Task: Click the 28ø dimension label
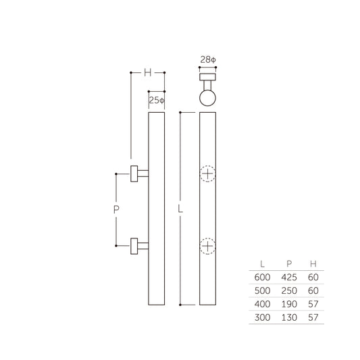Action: point(208,60)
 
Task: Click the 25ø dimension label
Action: point(156,100)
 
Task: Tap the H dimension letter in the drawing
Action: point(147,72)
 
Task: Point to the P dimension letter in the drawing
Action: point(116,210)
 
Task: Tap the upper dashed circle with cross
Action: point(208,174)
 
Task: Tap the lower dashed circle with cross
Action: point(208,246)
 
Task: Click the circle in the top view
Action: point(208,99)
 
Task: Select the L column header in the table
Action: point(262,263)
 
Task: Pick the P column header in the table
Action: point(288,263)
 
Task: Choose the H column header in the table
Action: point(312,263)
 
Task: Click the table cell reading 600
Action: point(262,277)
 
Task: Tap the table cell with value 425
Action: point(288,277)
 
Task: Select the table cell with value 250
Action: point(288,290)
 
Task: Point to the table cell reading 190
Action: point(288,304)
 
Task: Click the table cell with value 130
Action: point(288,317)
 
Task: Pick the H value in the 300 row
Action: point(312,317)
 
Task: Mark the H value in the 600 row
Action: point(312,277)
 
